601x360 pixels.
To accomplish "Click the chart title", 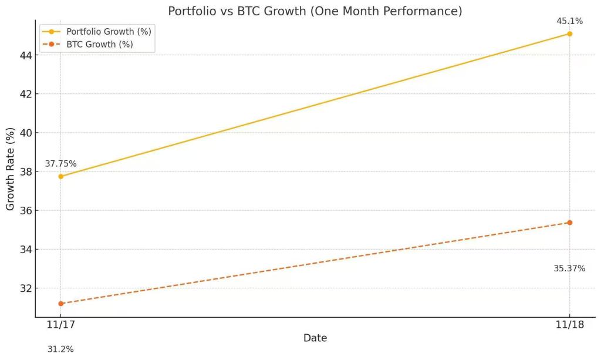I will pos(315,11).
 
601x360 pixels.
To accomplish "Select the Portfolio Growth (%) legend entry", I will pos(109,32).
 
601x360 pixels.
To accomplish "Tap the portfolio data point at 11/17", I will pos(60,176).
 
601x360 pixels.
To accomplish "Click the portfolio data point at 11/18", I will pos(569,33).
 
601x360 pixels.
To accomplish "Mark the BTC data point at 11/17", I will pos(60,304).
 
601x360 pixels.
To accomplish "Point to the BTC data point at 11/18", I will pos(569,223).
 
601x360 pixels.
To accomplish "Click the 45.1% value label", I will pos(569,21).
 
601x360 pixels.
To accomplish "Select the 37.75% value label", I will pos(60,164).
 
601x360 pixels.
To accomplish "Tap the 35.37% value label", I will pos(569,268).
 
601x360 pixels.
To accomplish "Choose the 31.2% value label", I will pos(60,349).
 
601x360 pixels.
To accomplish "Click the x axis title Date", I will pos(315,338).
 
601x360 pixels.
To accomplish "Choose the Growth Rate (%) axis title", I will pos(11,169).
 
